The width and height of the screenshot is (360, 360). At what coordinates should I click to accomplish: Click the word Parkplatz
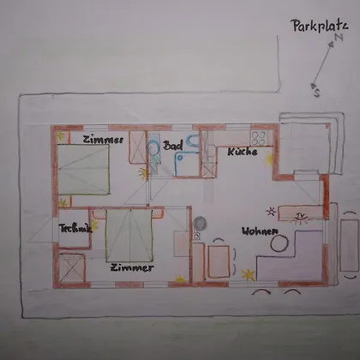click(x=320, y=26)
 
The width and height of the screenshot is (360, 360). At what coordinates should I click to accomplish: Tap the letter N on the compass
click(x=339, y=37)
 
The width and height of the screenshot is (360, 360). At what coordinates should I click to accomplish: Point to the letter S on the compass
click(x=317, y=93)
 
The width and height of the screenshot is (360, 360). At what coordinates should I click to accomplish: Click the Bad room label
click(x=172, y=146)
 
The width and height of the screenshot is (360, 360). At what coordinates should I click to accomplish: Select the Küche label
click(x=243, y=152)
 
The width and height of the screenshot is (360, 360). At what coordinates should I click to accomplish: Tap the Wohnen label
click(x=260, y=231)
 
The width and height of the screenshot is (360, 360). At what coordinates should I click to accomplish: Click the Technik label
click(x=75, y=228)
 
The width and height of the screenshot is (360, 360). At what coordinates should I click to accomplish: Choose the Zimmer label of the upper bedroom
click(x=103, y=140)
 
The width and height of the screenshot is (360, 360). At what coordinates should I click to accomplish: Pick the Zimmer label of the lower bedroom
click(x=132, y=267)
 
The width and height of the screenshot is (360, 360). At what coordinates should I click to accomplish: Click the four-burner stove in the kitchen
click(x=259, y=138)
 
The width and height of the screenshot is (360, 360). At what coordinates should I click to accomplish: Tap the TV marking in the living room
click(x=300, y=216)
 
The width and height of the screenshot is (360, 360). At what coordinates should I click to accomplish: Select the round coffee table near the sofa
click(x=279, y=243)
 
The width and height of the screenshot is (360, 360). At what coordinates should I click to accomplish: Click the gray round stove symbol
click(x=200, y=223)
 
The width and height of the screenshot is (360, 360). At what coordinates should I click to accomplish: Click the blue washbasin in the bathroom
click(x=193, y=141)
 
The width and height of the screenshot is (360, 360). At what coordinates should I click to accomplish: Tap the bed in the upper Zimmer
click(x=84, y=170)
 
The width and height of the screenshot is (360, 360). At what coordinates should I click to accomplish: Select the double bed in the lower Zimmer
click(x=129, y=235)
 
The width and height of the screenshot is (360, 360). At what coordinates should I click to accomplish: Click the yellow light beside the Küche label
click(x=269, y=159)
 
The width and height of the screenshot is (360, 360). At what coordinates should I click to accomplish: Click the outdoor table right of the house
click(x=349, y=245)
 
